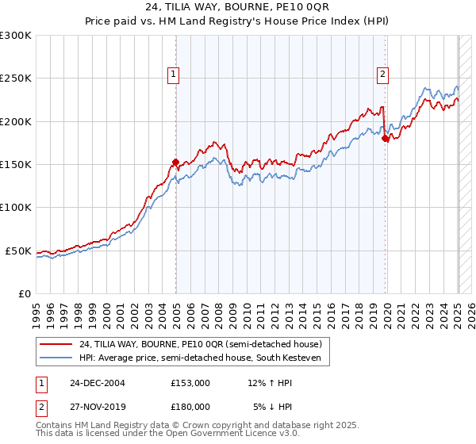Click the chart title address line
(x=238, y=8)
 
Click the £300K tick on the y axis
(x=16, y=36)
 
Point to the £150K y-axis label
(x=16, y=165)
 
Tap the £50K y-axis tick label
(x=18, y=251)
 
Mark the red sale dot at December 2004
(x=175, y=162)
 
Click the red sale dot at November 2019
(x=385, y=139)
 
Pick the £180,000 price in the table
(x=190, y=406)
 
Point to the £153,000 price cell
(x=190, y=382)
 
